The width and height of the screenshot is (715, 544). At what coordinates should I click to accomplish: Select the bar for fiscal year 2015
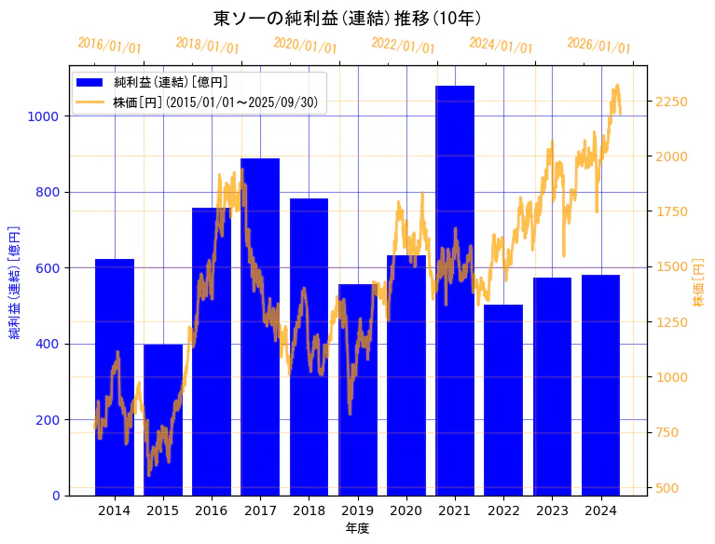point(163,419)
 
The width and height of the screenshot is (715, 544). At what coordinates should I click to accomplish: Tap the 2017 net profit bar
point(260,326)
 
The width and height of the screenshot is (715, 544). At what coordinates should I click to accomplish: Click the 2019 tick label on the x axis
point(358,510)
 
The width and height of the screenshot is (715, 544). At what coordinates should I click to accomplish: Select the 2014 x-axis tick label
point(115,510)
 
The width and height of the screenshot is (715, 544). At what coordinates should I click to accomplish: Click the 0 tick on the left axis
point(57,496)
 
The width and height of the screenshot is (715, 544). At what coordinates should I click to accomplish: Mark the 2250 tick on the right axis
point(671,102)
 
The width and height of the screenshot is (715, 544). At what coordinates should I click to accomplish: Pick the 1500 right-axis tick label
point(671,267)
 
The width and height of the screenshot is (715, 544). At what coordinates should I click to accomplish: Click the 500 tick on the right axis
point(667,488)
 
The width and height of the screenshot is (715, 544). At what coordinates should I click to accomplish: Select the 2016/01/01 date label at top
point(109,45)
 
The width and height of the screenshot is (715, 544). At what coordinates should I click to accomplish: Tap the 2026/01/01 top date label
point(598,45)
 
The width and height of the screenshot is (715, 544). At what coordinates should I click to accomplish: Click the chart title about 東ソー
point(347,18)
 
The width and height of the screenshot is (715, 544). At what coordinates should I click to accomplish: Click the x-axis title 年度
point(357,528)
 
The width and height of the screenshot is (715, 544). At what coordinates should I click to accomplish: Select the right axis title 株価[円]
point(699,283)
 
